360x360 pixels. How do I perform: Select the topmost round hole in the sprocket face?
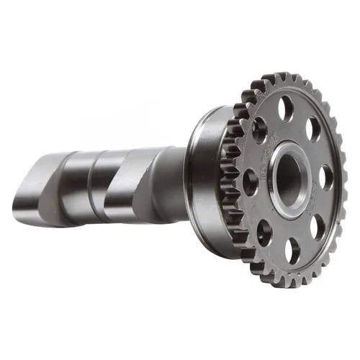tap(287, 109)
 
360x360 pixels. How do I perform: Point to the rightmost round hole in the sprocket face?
tap(326, 177)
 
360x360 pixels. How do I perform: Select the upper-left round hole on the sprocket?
tap(259, 130)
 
